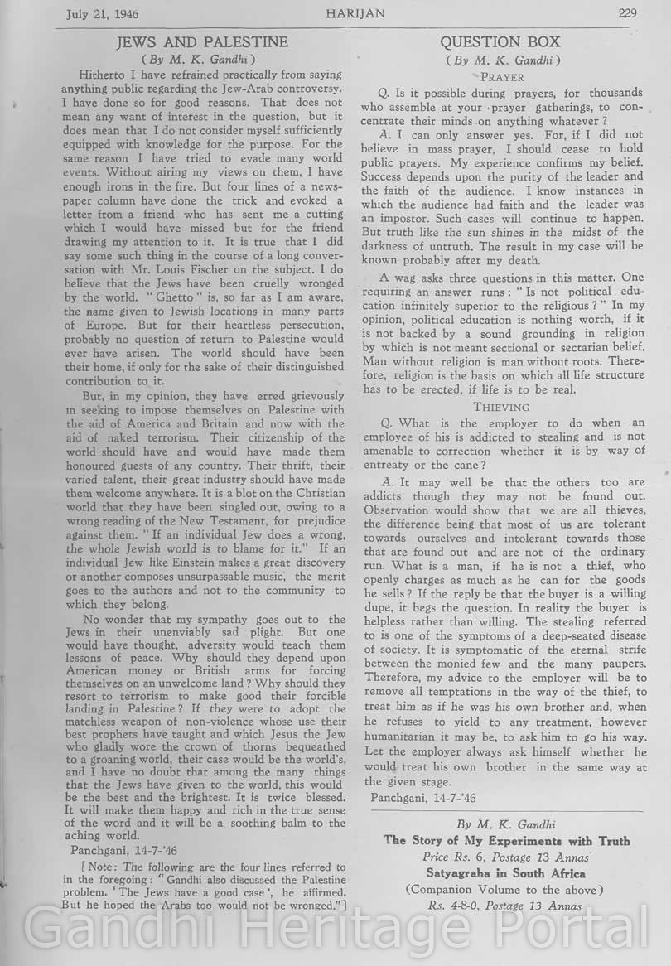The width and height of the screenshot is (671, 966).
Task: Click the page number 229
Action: point(626,12)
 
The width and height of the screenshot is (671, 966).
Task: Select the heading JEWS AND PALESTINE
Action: point(203,41)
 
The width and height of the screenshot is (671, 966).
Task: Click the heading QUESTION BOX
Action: point(500,41)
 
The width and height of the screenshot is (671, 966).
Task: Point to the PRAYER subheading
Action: point(502,76)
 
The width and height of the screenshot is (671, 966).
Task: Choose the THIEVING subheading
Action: point(501,407)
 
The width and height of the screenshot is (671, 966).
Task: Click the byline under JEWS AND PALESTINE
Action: point(202,59)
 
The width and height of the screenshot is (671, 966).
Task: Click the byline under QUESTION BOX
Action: point(502,60)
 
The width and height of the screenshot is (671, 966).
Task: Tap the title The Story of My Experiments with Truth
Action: point(507,840)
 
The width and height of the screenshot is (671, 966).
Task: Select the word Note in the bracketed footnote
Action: point(89,867)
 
